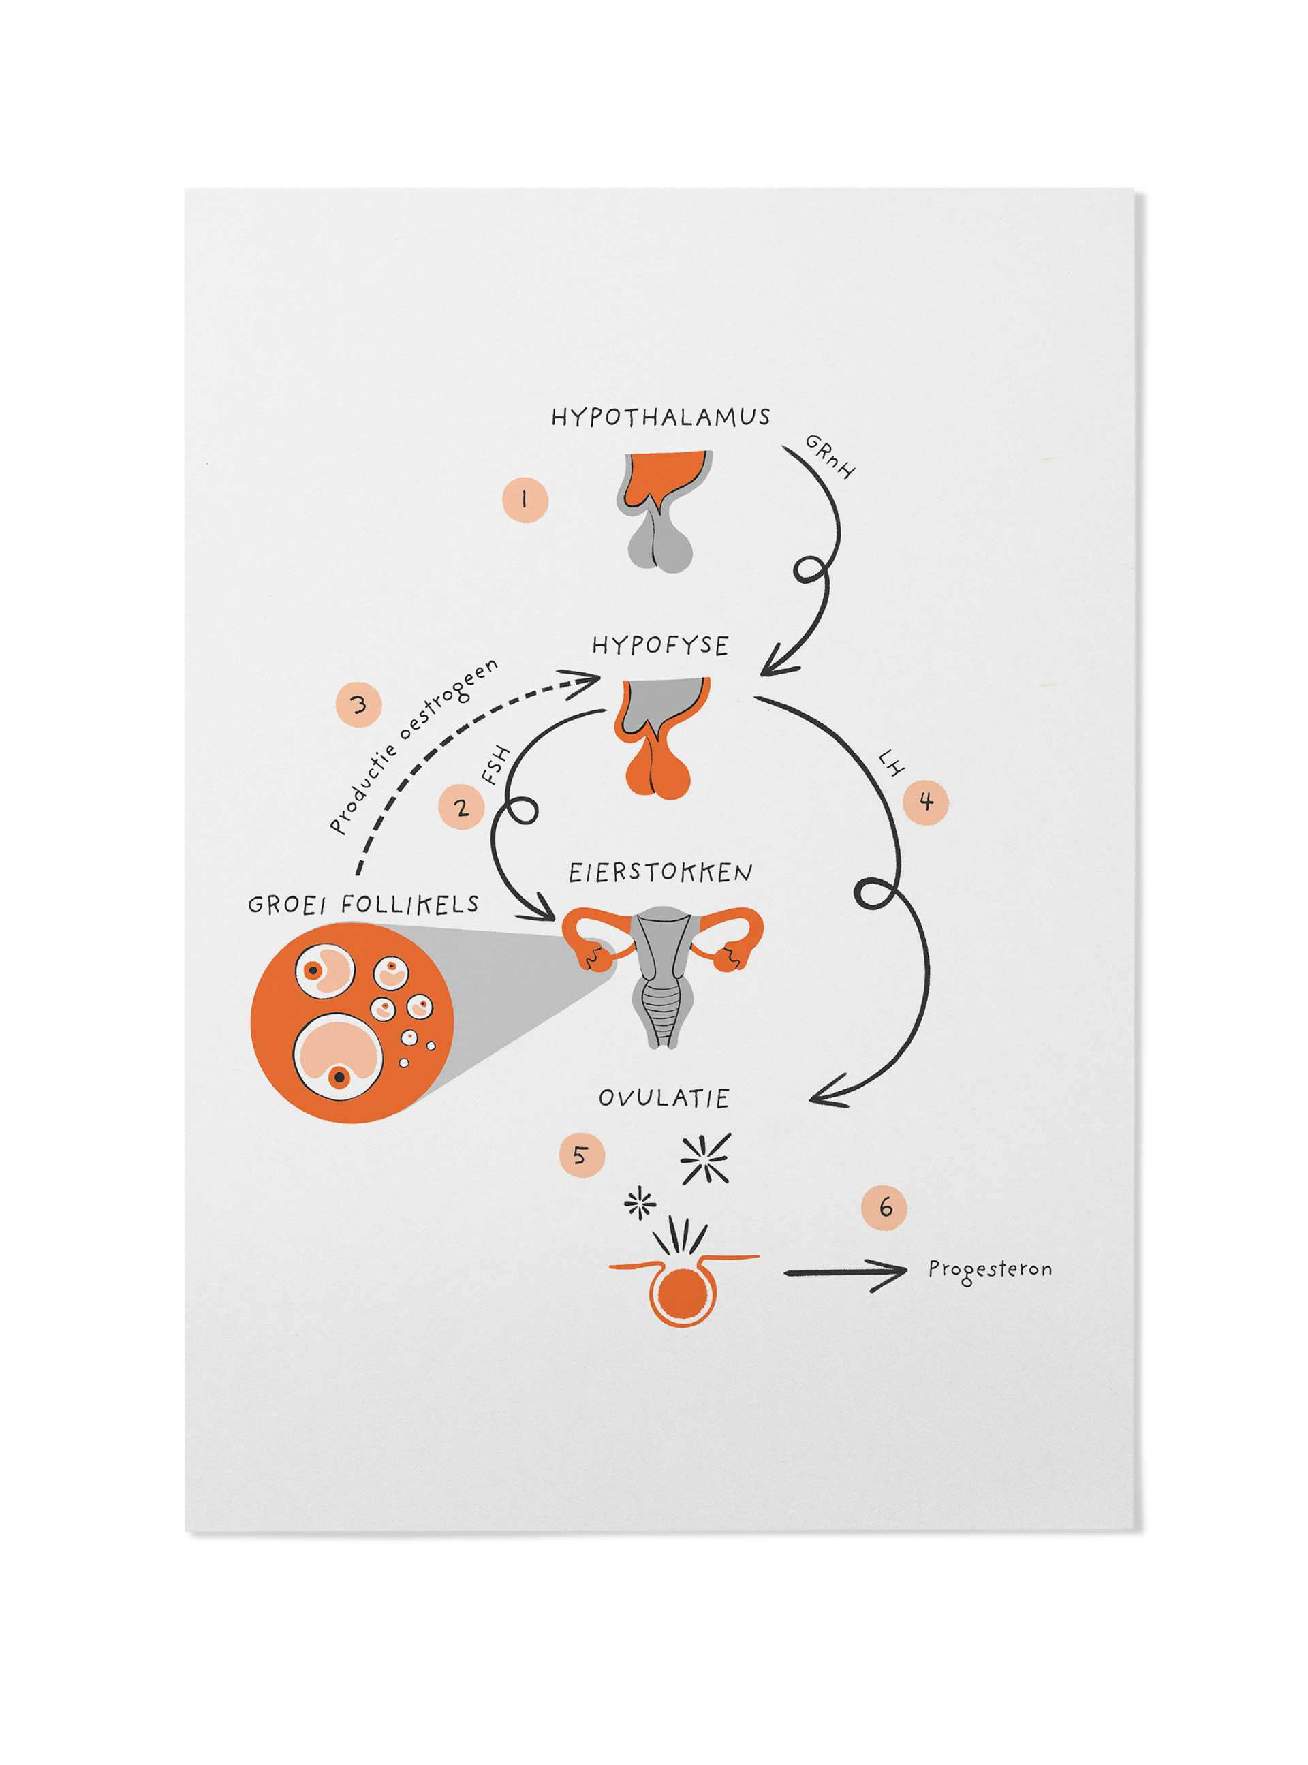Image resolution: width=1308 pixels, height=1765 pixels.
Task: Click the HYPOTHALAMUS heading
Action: pyautogui.click(x=660, y=417)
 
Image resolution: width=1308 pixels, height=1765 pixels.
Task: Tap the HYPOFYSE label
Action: pyautogui.click(x=660, y=645)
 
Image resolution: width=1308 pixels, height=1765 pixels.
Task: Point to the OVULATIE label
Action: pyautogui.click(x=664, y=1098)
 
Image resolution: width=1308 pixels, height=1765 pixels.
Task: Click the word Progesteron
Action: pyautogui.click(x=990, y=1270)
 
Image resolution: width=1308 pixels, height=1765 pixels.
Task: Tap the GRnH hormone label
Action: pyautogui.click(x=830, y=456)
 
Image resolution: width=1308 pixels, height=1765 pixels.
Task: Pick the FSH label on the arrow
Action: pyautogui.click(x=497, y=766)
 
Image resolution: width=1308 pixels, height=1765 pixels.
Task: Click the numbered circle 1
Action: pyautogui.click(x=525, y=499)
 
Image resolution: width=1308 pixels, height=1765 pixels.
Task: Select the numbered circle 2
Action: pyautogui.click(x=462, y=807)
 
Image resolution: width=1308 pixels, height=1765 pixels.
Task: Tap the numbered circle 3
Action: pyautogui.click(x=358, y=704)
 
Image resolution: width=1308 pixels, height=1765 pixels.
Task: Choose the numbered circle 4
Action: pyautogui.click(x=926, y=802)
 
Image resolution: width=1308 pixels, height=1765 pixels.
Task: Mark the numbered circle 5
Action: pyautogui.click(x=582, y=1155)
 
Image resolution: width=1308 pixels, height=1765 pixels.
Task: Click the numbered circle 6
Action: pyautogui.click(x=884, y=1208)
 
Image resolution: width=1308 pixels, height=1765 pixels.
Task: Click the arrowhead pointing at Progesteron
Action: pyautogui.click(x=894, y=1272)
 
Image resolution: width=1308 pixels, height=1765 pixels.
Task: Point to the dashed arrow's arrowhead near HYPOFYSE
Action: pyautogui.click(x=586, y=679)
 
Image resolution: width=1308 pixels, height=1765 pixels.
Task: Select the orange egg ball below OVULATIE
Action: pyautogui.click(x=683, y=1292)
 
